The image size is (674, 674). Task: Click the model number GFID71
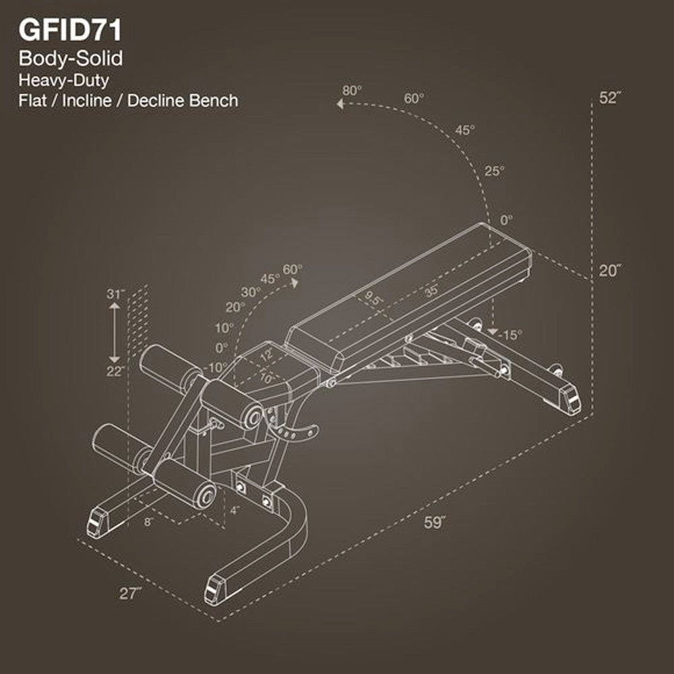click(x=71, y=31)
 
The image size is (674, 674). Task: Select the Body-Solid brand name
click(x=71, y=59)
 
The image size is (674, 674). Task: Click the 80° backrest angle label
click(x=352, y=90)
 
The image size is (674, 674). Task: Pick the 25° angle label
click(x=494, y=171)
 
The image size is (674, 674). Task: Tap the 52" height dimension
click(x=610, y=97)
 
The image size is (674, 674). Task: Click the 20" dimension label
click(x=610, y=270)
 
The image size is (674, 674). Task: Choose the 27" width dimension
click(x=131, y=593)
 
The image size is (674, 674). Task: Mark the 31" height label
click(x=116, y=294)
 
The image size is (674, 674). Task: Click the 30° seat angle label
click(x=251, y=292)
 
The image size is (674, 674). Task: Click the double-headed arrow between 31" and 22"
click(x=115, y=332)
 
